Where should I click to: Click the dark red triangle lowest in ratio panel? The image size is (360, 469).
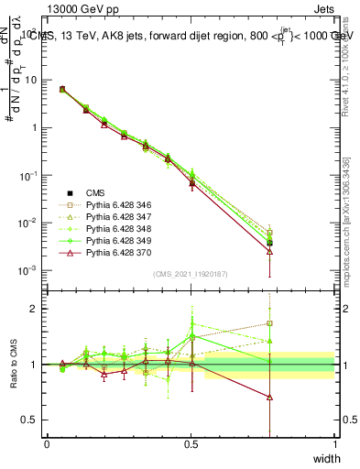coord(269,397)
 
